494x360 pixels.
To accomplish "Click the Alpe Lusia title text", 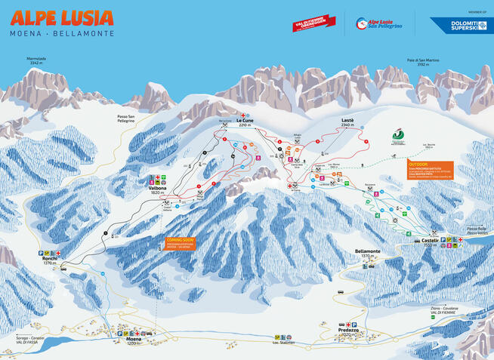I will pyautogui.click(x=61, y=17).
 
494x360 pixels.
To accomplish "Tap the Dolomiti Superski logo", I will pyautogui.click(x=469, y=25).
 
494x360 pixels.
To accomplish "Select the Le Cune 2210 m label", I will pyautogui.click(x=244, y=122).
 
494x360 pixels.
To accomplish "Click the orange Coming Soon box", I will pyautogui.click(x=180, y=242).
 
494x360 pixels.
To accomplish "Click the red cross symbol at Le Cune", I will pyautogui.click(x=242, y=114).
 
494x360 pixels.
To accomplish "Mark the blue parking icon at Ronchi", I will pyautogui.click(x=43, y=253).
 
